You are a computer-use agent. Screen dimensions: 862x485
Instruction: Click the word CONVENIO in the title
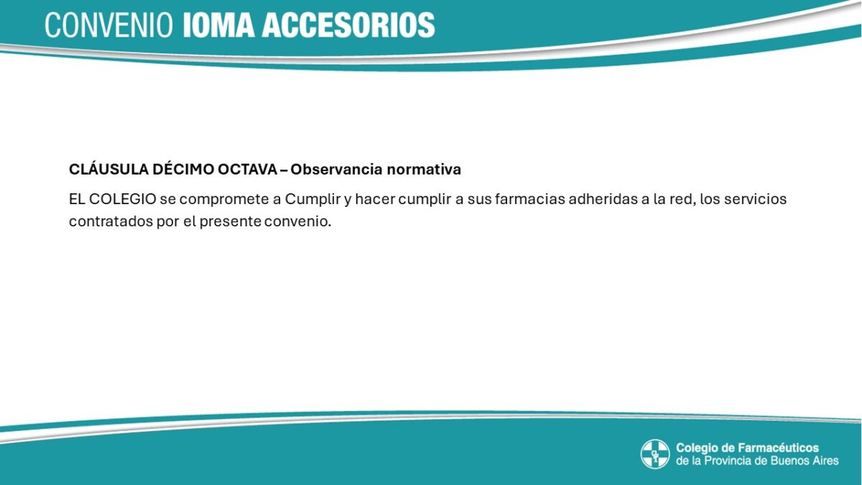pyautogui.click(x=109, y=25)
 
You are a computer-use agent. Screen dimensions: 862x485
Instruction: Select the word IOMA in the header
pyautogui.click(x=218, y=25)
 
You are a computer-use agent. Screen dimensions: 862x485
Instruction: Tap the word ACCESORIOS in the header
pyautogui.click(x=348, y=25)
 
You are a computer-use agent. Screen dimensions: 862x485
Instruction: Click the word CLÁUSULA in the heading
pyautogui.click(x=109, y=170)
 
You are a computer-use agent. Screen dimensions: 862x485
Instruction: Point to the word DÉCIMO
pyautogui.click(x=183, y=170)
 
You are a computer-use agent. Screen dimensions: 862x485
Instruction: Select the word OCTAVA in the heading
pyautogui.click(x=247, y=170)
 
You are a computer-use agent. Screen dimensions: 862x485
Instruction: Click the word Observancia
pyautogui.click(x=337, y=170)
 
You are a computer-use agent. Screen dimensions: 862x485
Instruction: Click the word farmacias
pyautogui.click(x=530, y=200)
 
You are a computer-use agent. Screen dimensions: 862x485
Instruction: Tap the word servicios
pyautogui.click(x=756, y=200)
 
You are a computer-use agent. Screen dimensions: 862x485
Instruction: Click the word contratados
pyautogui.click(x=111, y=222)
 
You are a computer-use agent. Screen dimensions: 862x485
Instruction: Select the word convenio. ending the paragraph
pyautogui.click(x=298, y=222)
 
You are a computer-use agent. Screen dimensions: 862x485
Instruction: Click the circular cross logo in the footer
pyautogui.click(x=655, y=454)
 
